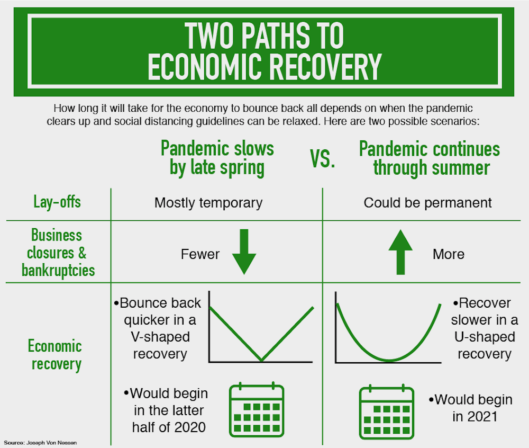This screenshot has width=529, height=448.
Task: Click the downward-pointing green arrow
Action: pyautogui.click(x=244, y=252)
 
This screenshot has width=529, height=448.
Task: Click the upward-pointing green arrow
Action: pyautogui.click(x=400, y=252)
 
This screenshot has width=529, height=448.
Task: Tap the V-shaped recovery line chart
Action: pyautogui.click(x=261, y=327)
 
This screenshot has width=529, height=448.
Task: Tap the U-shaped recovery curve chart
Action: pyautogui.click(x=388, y=327)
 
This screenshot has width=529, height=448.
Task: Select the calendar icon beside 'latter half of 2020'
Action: pyautogui.click(x=257, y=409)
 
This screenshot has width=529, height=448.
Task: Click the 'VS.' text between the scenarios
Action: pyautogui.click(x=322, y=159)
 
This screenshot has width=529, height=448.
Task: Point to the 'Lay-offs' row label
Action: pyautogui.click(x=57, y=202)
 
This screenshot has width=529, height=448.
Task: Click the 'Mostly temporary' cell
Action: pyautogui.click(x=208, y=203)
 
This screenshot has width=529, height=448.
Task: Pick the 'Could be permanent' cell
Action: pyautogui.click(x=428, y=203)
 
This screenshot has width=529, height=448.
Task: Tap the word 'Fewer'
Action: pyautogui.click(x=200, y=254)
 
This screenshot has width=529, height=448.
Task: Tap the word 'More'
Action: pyautogui.click(x=448, y=254)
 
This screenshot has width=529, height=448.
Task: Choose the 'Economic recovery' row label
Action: pyautogui.click(x=56, y=355)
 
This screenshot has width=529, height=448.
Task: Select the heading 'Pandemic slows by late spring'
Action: pyautogui.click(x=217, y=158)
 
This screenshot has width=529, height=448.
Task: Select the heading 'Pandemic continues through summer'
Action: pyautogui.click(x=429, y=158)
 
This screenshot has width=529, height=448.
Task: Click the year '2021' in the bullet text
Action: pyautogui.click(x=482, y=417)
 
